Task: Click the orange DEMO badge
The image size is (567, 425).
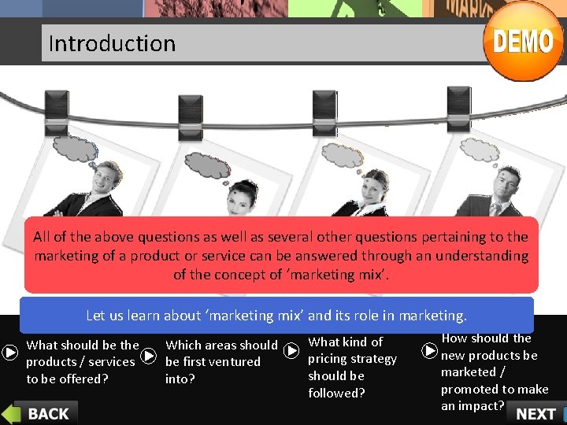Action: click(x=523, y=40)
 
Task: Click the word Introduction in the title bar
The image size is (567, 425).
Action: click(x=112, y=43)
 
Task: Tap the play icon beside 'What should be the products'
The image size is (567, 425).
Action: click(x=10, y=353)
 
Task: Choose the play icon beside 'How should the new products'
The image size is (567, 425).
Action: click(x=430, y=349)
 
